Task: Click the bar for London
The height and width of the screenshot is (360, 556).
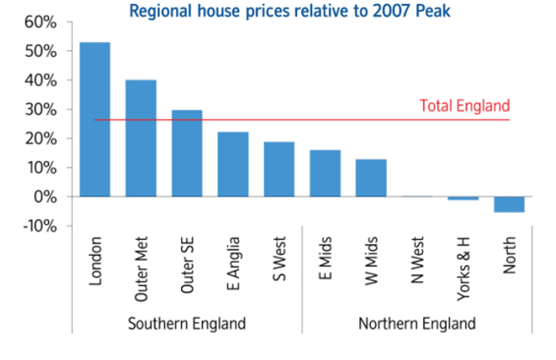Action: (x=95, y=119)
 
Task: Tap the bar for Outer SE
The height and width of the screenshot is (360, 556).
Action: (x=187, y=153)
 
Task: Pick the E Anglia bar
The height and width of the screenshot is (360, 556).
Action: (x=233, y=164)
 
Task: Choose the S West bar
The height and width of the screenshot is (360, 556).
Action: (x=279, y=168)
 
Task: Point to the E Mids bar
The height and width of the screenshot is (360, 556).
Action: (x=325, y=173)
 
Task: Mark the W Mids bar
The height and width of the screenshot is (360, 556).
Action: (x=371, y=177)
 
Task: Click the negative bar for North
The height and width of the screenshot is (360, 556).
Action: (x=508, y=204)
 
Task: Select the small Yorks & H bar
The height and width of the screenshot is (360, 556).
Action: (x=463, y=198)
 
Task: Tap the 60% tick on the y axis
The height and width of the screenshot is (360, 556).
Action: (x=41, y=21)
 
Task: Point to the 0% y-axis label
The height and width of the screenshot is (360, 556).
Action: (x=46, y=196)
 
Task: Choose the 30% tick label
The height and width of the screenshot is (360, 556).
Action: (x=41, y=109)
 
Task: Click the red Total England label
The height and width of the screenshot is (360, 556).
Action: (x=465, y=106)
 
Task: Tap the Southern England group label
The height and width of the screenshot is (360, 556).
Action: (x=187, y=323)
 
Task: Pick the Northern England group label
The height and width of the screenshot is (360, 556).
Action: (x=417, y=323)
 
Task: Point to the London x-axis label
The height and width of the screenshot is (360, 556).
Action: (x=95, y=261)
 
